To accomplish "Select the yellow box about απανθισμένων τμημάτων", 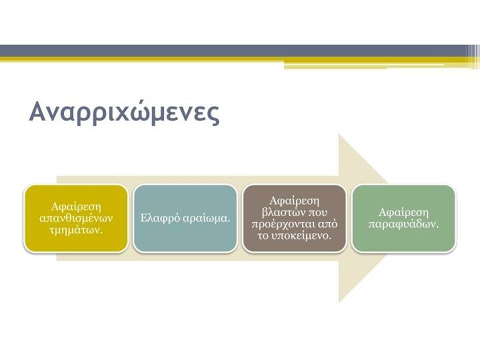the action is coord(76,218).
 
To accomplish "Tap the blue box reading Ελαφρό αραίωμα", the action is coord(185,218).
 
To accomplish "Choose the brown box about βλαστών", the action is coord(294,218).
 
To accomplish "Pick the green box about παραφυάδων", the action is coord(404,218).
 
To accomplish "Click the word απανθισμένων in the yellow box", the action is coord(76,218).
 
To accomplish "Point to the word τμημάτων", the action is coord(76,230).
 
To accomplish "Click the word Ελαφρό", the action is coord(160,218).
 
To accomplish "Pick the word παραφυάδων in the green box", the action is coord(404,224).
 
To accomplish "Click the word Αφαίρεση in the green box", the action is coord(404,212).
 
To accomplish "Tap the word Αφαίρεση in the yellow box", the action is coord(76,206).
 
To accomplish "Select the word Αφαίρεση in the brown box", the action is coord(294,201).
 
